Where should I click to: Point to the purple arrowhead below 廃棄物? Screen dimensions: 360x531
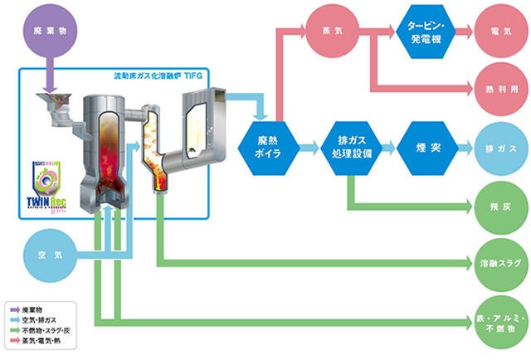(x=47, y=85)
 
